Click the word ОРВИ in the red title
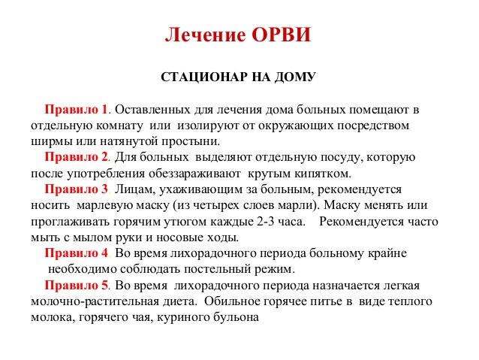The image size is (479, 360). click(x=281, y=35)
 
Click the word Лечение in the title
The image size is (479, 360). click(x=205, y=35)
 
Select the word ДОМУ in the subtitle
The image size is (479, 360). click(x=295, y=77)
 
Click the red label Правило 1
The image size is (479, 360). click(x=77, y=110)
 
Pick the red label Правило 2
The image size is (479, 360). click(x=77, y=157)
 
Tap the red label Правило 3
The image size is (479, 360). click(x=77, y=189)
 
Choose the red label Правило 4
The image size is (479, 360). click(x=77, y=253)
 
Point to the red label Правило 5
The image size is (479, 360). click(x=77, y=286)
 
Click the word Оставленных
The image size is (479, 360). click(x=152, y=110)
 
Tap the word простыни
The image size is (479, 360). click(x=191, y=141)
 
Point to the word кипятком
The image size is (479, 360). click(x=323, y=174)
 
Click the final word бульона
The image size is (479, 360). click(x=236, y=317)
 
